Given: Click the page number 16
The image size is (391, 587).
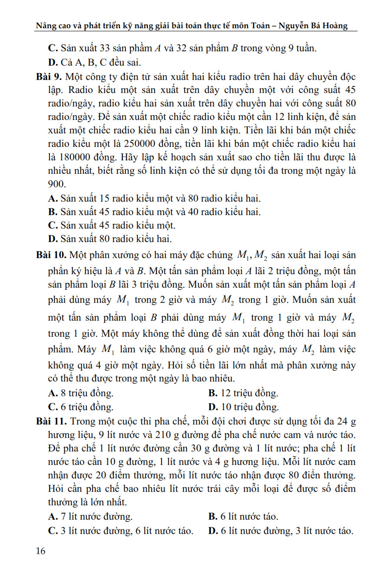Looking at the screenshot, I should click(40, 551).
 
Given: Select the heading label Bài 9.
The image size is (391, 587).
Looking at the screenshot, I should click(49, 77).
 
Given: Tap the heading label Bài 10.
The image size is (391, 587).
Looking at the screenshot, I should click(51, 255).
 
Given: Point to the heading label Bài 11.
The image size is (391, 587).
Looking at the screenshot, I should click(51, 421).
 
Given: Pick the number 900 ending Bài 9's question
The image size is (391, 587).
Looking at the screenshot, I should click(56, 184).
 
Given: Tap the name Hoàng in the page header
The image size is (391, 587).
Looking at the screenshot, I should click(335, 25).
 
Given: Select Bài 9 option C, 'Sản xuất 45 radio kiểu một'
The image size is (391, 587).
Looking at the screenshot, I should click(112, 226).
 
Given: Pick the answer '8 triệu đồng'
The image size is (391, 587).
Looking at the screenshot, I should click(81, 393).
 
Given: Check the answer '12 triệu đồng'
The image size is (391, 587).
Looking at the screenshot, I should click(243, 393).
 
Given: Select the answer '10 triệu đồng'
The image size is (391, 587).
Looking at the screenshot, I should click(244, 407).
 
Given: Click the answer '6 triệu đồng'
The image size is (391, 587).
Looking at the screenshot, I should click(81, 407).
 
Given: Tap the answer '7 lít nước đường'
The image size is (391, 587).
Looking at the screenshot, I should click(90, 517).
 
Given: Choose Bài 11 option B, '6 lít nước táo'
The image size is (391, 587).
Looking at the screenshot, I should click(243, 517).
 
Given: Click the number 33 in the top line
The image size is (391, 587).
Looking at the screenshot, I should click(105, 48).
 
